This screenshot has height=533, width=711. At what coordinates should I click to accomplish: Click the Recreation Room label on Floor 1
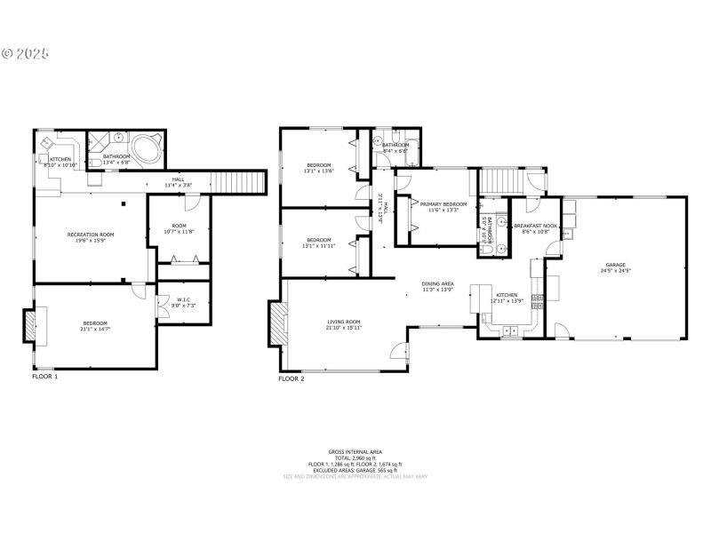pyautogui.click(x=91, y=234)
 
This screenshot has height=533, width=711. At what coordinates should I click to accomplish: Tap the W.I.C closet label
pyautogui.click(x=183, y=299)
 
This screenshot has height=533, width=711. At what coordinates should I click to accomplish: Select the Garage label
pyautogui.click(x=616, y=265)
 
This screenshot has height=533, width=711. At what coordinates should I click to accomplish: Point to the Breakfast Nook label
pyautogui.click(x=536, y=226)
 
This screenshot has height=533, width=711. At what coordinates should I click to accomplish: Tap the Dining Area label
pyautogui.click(x=437, y=284)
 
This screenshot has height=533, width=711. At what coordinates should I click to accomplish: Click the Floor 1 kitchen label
pyautogui.click(x=60, y=159)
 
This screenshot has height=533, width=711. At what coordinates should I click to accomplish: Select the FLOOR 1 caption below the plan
pyautogui.click(x=44, y=377)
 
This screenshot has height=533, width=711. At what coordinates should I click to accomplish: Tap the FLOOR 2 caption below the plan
pyautogui.click(x=292, y=378)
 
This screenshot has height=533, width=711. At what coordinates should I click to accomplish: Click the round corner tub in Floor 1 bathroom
pyautogui.click(x=145, y=146)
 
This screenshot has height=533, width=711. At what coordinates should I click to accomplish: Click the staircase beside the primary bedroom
pyautogui.click(x=503, y=182)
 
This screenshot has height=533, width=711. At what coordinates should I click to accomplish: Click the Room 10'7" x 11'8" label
pyautogui.click(x=185, y=229)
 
